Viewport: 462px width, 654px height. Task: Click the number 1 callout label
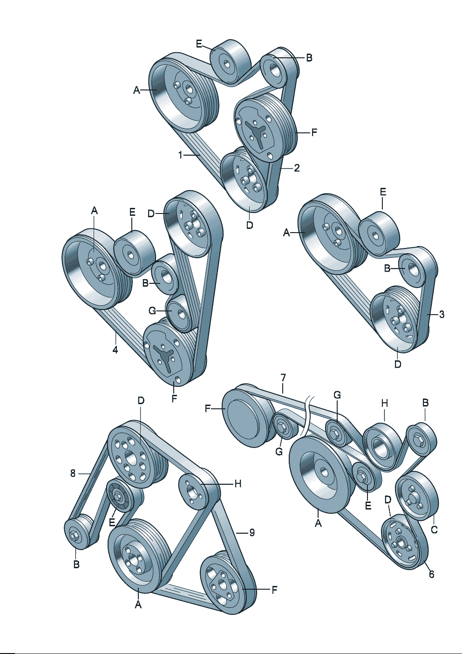pyautogui.click(x=181, y=155)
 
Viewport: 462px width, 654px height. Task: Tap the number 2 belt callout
pyautogui.click(x=297, y=168)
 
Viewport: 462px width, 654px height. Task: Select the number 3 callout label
pyautogui.click(x=442, y=314)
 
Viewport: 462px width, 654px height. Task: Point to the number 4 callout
pyautogui.click(x=115, y=349)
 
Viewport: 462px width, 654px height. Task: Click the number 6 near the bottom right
pyautogui.click(x=431, y=574)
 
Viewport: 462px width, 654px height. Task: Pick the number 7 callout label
pyautogui.click(x=283, y=377)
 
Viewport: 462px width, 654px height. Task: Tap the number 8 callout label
pyautogui.click(x=73, y=473)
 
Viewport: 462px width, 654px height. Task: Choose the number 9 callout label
pyautogui.click(x=251, y=532)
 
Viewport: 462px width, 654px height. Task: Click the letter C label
pyautogui.click(x=434, y=530)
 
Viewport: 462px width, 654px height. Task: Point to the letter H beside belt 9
pyautogui.click(x=238, y=484)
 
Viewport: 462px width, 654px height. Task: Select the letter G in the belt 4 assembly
pyautogui.click(x=152, y=311)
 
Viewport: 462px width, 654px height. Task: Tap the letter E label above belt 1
pyautogui.click(x=199, y=44)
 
